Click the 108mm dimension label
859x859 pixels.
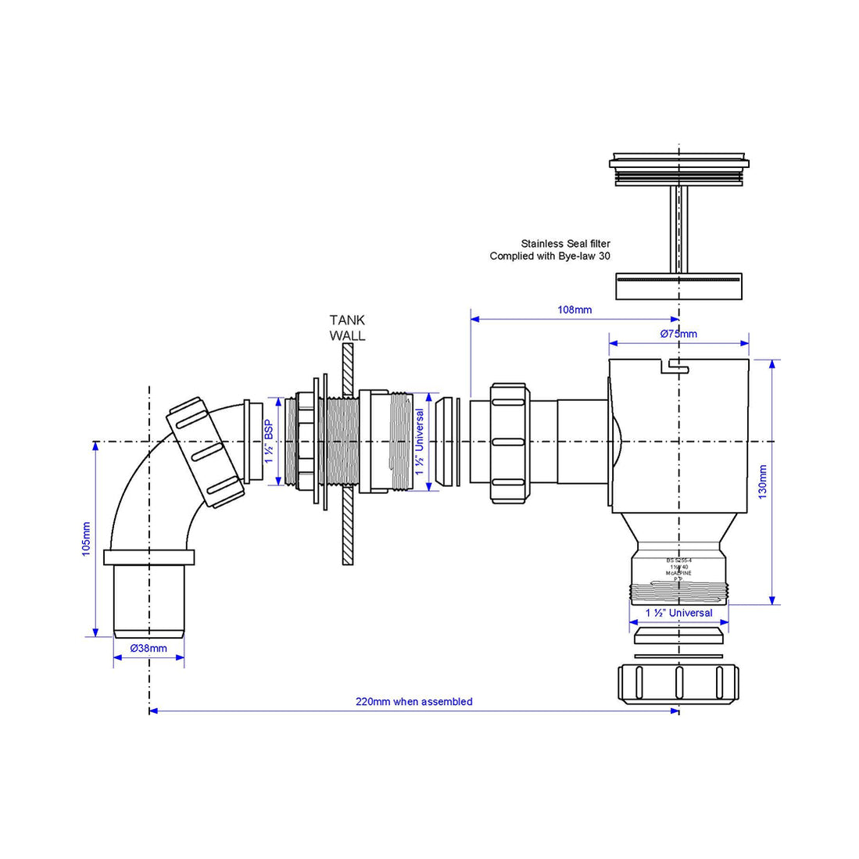tap(574, 310)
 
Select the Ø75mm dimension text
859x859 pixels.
tap(678, 334)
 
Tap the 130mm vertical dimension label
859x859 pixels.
tap(763, 481)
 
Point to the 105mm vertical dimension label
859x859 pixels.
tap(86, 539)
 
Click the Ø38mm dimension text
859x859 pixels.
tap(149, 648)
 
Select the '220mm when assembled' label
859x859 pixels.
tap(413, 701)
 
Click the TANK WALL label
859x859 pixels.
tap(347, 327)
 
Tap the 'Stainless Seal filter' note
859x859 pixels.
tap(565, 244)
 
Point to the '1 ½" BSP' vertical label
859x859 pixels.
tap(268, 442)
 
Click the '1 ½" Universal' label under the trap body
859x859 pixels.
tap(678, 613)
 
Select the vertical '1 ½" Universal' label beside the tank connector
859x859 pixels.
tap(420, 442)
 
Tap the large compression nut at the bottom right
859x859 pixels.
tap(678, 683)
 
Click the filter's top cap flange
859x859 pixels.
tap(678, 163)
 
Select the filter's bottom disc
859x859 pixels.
tap(678, 287)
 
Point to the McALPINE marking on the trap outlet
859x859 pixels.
tap(678, 573)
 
